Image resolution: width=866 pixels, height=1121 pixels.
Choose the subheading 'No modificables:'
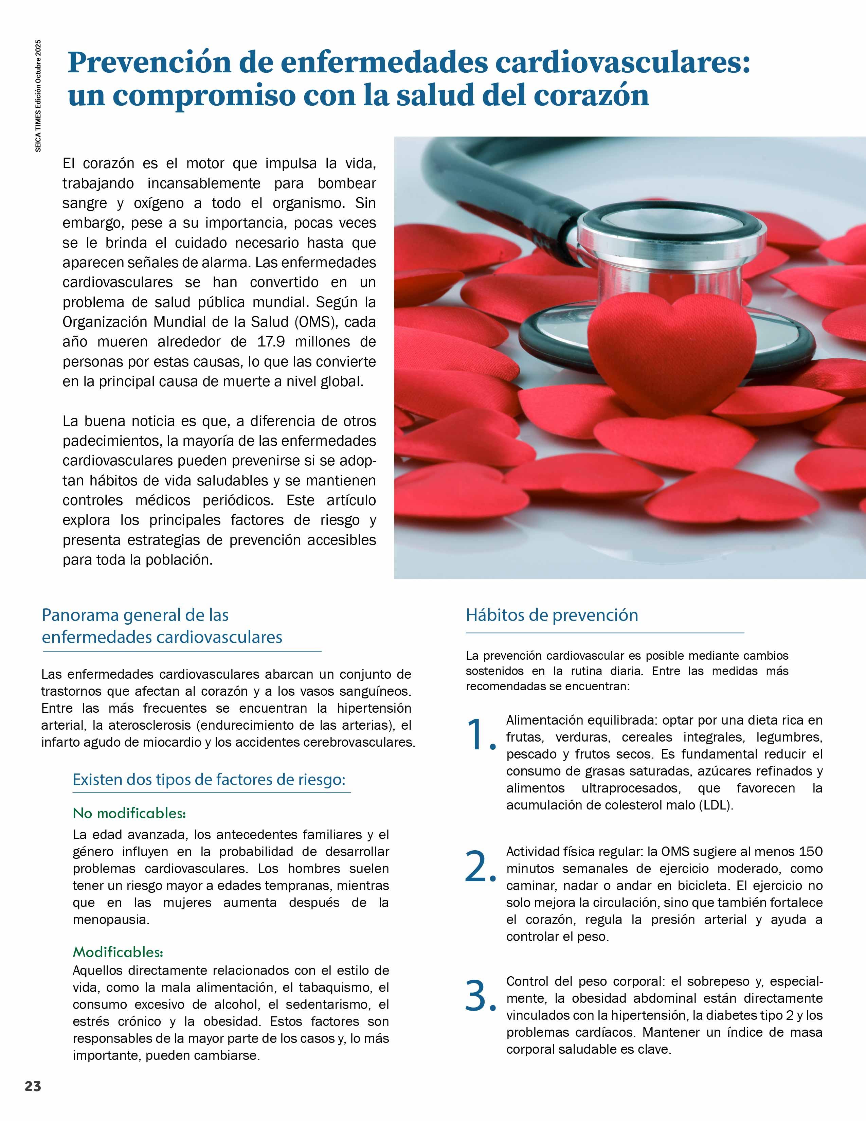pos(129,813)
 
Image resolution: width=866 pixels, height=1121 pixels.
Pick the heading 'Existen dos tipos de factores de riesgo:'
pos(209,779)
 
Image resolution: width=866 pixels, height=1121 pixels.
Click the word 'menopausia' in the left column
pos(110,919)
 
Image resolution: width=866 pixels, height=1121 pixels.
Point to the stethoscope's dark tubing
pos(492,170)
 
